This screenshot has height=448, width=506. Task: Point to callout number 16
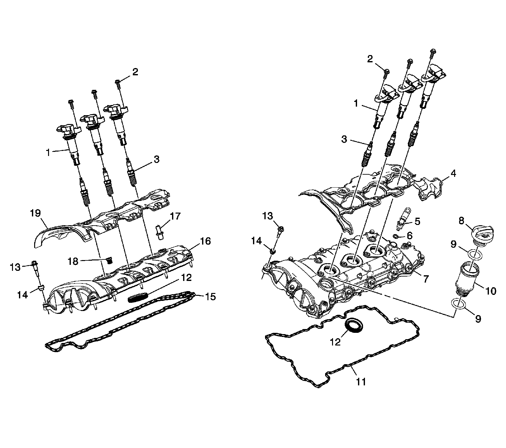[205, 241]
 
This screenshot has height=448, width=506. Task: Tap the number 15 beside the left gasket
[210, 296]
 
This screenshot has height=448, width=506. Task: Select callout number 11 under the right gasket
[361, 382]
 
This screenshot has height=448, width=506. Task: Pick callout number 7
[426, 279]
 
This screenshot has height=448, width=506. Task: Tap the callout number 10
[491, 291]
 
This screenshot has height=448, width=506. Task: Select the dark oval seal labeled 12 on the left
[138, 297]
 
